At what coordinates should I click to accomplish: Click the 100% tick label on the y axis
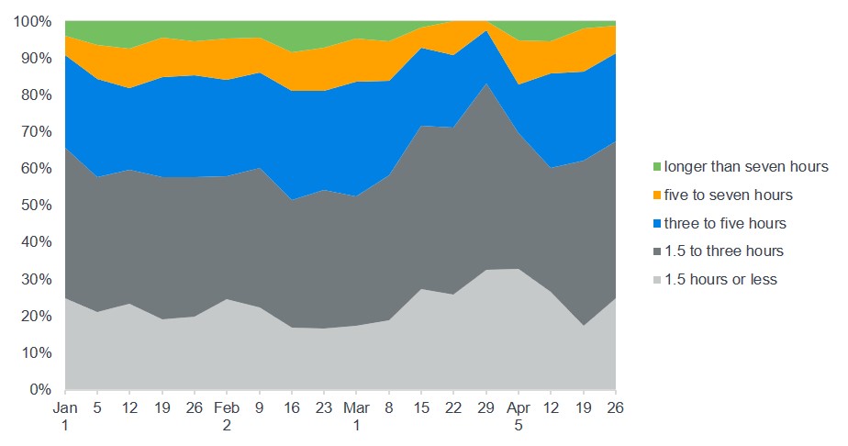click(x=32, y=21)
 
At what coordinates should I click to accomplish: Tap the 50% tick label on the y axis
click(x=36, y=206)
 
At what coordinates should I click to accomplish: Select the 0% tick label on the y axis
click(x=39, y=390)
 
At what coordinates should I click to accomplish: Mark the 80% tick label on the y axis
click(x=36, y=95)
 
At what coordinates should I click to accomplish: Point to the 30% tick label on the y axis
click(x=36, y=279)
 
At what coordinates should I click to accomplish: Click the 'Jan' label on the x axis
click(x=65, y=406)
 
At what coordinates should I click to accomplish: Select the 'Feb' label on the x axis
click(x=227, y=406)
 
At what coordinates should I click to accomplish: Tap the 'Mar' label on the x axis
click(x=356, y=406)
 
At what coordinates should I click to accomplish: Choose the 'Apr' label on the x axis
click(x=519, y=406)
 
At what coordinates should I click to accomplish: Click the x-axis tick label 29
click(x=486, y=406)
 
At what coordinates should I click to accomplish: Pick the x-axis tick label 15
click(x=421, y=406)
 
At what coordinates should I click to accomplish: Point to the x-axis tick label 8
click(x=389, y=406)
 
